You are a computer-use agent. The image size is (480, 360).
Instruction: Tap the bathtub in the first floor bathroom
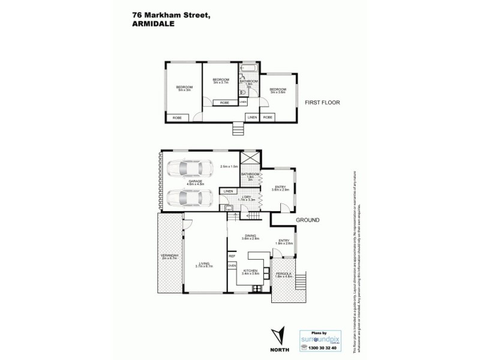249,70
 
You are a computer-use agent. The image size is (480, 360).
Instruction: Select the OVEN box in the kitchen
232,265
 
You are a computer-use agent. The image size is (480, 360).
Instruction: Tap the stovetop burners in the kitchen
257,289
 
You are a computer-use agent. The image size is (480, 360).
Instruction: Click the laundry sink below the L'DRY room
230,208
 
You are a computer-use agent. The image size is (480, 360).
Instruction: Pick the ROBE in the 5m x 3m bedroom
178,118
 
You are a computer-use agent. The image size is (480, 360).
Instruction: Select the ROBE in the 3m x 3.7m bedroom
224,103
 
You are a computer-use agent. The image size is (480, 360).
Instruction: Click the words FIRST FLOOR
322,103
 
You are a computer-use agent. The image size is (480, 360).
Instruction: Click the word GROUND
307,220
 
